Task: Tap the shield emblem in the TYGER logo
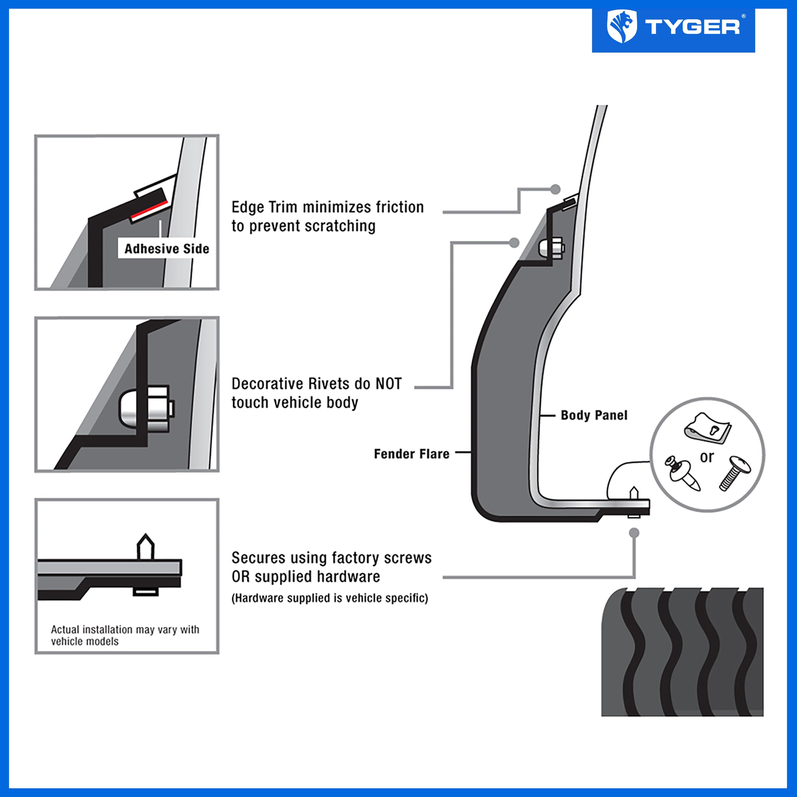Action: [622, 26]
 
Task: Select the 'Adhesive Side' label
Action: [167, 249]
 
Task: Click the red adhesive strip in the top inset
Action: [149, 210]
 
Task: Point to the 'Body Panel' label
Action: [594, 415]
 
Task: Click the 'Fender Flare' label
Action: [411, 454]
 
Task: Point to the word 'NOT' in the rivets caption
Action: [388, 384]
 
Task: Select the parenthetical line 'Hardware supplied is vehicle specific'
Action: [330, 598]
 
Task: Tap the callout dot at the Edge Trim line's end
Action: [555, 189]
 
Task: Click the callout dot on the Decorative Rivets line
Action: [514, 243]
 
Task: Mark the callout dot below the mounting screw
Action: [634, 533]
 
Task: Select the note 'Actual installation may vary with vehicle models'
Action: [125, 635]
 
